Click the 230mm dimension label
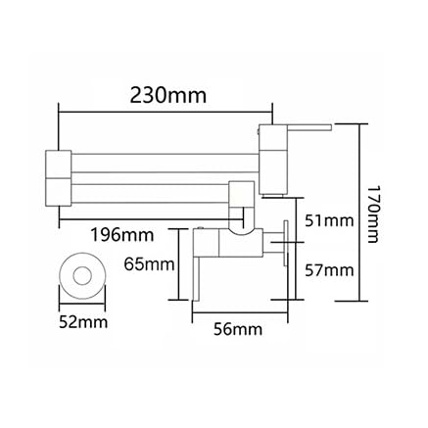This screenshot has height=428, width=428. pyautogui.click(x=168, y=96)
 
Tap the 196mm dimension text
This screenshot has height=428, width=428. pyautogui.click(x=122, y=235)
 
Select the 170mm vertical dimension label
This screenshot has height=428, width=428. pyautogui.click(x=372, y=214)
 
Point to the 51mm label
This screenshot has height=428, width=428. pyautogui.click(x=329, y=221)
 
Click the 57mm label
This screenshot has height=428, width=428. pyautogui.click(x=329, y=270)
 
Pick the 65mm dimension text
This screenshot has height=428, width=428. pyautogui.click(x=149, y=264)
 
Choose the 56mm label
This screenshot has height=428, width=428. pyautogui.click(x=238, y=329)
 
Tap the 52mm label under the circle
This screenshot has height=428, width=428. pyautogui.click(x=83, y=322)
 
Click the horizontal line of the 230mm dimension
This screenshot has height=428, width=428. pyautogui.click(x=166, y=113)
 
